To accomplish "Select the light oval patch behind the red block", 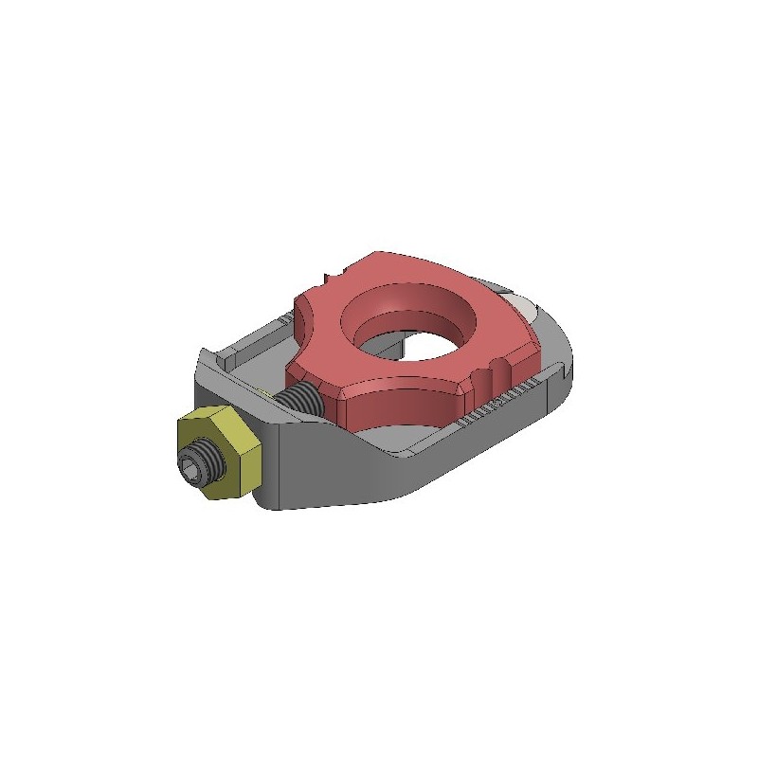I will click(520, 305).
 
